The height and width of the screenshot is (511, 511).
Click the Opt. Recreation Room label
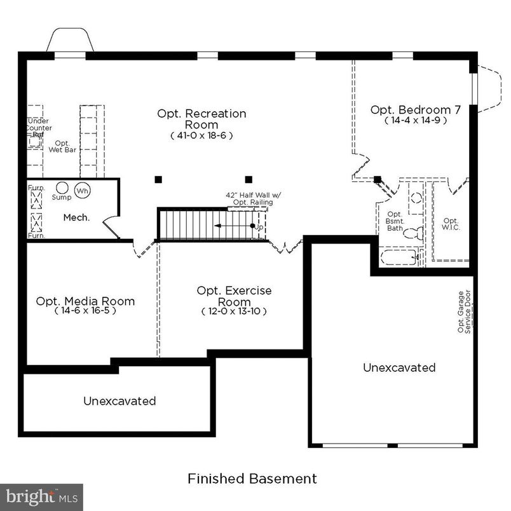[x=201, y=119]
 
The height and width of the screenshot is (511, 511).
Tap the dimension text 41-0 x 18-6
[x=201, y=135]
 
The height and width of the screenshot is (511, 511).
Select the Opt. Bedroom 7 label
[x=415, y=110]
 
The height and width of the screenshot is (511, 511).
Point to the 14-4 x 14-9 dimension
[x=415, y=120]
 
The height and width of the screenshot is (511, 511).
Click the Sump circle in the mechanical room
[x=62, y=188]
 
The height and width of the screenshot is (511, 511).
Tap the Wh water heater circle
[x=82, y=190]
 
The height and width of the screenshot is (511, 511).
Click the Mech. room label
[x=76, y=217]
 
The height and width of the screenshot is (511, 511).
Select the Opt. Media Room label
[x=85, y=301]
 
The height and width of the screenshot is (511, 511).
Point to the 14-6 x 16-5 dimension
[x=85, y=311]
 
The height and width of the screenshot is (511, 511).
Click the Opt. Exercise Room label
[x=234, y=296]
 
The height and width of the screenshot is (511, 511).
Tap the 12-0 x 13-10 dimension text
[x=234, y=311]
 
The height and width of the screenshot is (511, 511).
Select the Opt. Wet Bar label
[x=62, y=147]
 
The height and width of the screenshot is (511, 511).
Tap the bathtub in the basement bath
[x=398, y=257]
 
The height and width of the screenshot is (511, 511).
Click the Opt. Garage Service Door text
[x=465, y=312]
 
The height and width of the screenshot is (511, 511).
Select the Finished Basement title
[x=252, y=478]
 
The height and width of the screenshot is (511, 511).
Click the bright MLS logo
[x=41, y=496]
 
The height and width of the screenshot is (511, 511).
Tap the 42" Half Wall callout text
[x=249, y=198]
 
